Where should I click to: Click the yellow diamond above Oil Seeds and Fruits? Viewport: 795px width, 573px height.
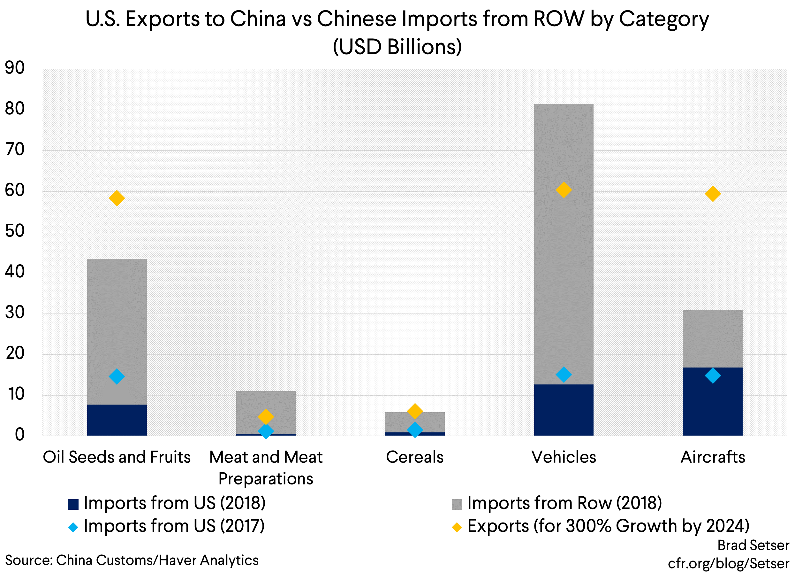coord(117,198)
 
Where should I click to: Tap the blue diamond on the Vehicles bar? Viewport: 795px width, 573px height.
coord(564,375)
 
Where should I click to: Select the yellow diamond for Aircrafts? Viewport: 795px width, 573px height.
coord(713,194)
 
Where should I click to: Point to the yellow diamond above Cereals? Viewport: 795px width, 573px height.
coord(415,411)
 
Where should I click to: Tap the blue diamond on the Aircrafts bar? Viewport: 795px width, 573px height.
coord(713,376)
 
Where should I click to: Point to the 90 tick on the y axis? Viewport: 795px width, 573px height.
coord(15,68)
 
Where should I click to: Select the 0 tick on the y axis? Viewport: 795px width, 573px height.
coord(19,434)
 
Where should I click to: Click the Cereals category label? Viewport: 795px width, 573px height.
coord(415,457)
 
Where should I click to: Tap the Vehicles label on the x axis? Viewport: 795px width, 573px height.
coord(564,457)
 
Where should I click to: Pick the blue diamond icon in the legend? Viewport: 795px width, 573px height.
coord(73,527)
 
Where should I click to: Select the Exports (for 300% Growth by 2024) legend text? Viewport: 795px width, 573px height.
coord(608,526)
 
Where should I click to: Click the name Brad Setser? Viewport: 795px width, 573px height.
coord(753,545)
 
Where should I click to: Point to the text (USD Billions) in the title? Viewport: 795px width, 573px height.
coord(397,47)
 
